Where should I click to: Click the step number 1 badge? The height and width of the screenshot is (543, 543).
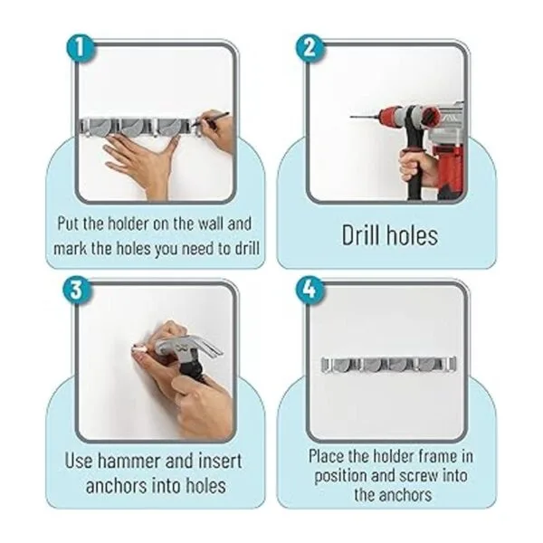(x=81, y=48)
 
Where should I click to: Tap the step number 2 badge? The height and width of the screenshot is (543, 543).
(x=310, y=48)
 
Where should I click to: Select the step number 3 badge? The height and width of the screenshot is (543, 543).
(x=77, y=291)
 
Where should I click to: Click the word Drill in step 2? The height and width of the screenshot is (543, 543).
(x=359, y=235)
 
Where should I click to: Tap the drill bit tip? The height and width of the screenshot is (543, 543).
(x=351, y=117)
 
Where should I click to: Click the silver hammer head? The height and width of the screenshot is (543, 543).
(x=186, y=349)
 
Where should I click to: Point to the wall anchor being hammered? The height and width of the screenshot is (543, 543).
(x=139, y=348)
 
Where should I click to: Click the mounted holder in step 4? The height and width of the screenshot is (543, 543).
(x=388, y=366)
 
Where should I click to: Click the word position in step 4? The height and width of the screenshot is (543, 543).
(x=339, y=476)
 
